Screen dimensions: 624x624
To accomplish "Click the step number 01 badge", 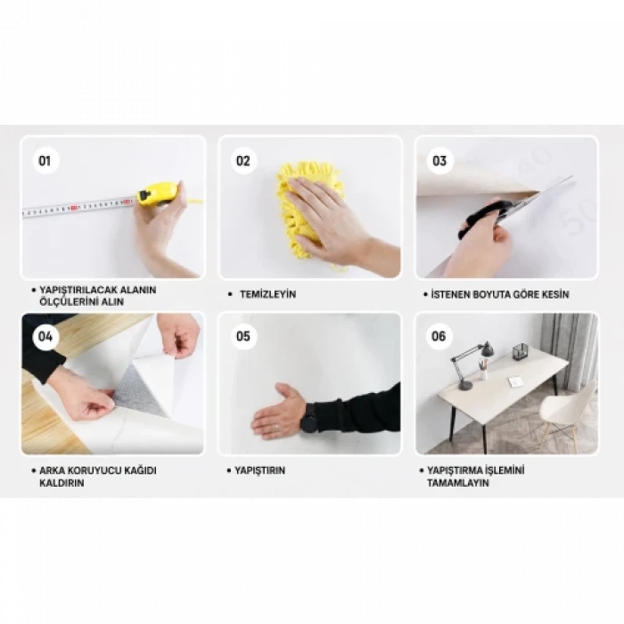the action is click(45, 160).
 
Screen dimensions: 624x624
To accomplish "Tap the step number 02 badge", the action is click(242, 160).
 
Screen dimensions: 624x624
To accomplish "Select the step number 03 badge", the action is click(439, 160).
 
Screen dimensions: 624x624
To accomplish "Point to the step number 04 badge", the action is click(45, 337).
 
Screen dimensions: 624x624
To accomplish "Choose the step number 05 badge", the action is click(242, 336).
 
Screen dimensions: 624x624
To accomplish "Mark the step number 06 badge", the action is click(439, 336).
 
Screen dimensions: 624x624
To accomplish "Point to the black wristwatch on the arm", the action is click(309, 417).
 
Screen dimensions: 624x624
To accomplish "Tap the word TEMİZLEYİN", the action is click(267, 294).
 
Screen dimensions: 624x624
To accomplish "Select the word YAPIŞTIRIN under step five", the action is click(260, 471).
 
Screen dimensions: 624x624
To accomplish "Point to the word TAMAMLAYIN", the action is click(457, 483).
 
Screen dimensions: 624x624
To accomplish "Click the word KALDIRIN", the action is click(62, 483).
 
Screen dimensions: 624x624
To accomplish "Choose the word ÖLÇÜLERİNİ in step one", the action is click(68, 301).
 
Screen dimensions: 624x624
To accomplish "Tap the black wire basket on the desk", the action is click(520, 351).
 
